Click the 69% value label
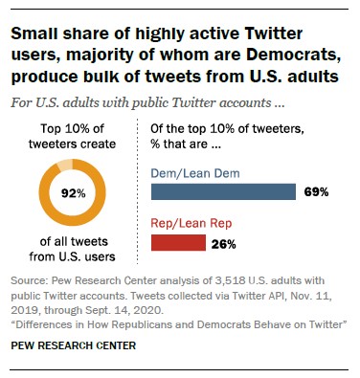click(317, 191)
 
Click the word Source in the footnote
click(32, 282)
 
